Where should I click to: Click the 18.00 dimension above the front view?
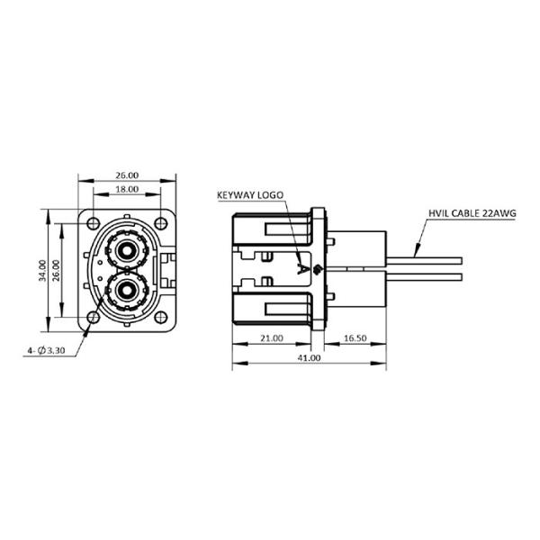pyautogui.click(x=125, y=190)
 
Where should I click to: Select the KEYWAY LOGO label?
pyautogui.click(x=248, y=194)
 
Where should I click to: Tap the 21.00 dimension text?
pyautogui.click(x=271, y=339)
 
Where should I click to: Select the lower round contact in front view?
pyautogui.click(x=125, y=290)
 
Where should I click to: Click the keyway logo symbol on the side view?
pyautogui.click(x=303, y=267)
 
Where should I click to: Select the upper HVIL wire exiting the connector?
pyautogui.click(x=423, y=258)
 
